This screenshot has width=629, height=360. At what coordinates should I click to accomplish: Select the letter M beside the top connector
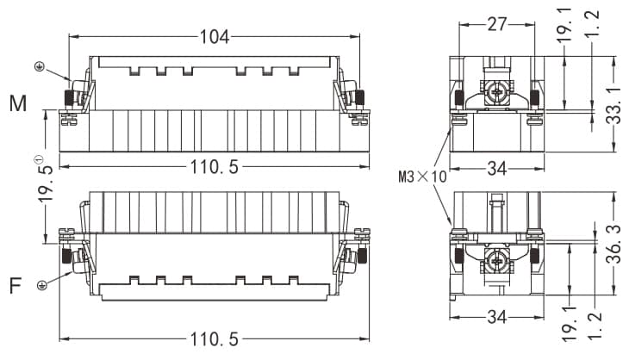click(18, 104)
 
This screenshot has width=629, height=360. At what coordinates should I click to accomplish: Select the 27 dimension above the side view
click(497, 24)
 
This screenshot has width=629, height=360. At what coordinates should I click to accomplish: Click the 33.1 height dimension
click(613, 104)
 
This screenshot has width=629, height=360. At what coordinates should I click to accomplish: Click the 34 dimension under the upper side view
click(496, 168)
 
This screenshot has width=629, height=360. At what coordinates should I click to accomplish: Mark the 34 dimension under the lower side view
click(496, 317)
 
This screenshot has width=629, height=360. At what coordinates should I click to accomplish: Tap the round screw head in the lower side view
click(497, 261)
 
